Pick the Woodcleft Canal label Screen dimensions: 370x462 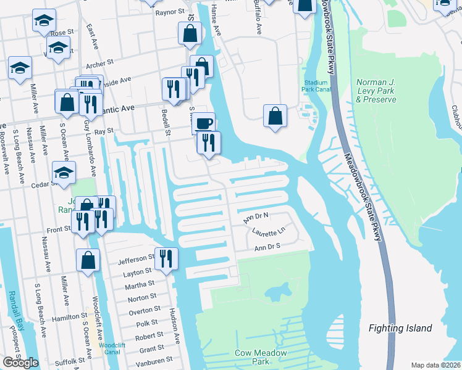pos(112,350)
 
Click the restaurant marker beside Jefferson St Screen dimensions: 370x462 pos(166,258)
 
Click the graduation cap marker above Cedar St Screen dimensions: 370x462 pos(63,173)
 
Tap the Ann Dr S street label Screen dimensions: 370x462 pos(268,247)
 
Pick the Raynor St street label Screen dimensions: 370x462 pos(170,12)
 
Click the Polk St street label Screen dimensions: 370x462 pos(147,323)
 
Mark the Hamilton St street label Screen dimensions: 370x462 pos(66,316)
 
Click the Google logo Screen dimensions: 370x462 pos(20,363)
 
